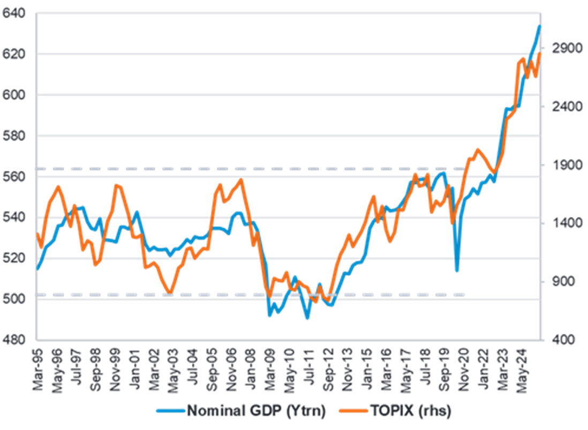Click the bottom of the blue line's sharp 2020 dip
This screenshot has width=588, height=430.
[457, 271]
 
